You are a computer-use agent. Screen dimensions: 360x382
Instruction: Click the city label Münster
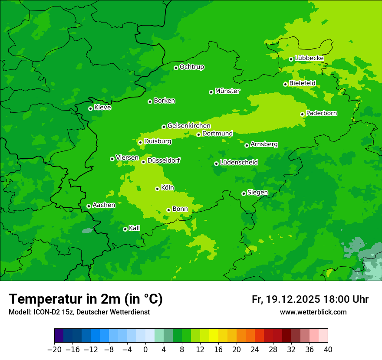pyautogui.click(x=227, y=91)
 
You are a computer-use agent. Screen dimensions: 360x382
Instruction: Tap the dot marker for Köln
pyautogui.click(x=157, y=189)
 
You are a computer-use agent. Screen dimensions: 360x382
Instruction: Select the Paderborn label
pyautogui.click(x=322, y=113)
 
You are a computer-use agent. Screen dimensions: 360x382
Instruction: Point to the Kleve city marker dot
pyautogui.click(x=90, y=108)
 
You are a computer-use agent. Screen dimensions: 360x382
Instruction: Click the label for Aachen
pyautogui.click(x=104, y=205)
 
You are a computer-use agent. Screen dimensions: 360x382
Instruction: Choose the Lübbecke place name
pyautogui.click(x=309, y=58)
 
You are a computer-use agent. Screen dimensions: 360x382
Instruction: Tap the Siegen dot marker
pyautogui.click(x=244, y=193)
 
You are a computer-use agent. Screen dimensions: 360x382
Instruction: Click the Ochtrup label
pyautogui.click(x=192, y=67)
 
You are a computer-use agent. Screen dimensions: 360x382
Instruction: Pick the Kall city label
pyautogui.click(x=135, y=228)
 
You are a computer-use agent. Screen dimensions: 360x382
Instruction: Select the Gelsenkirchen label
pyautogui.click(x=189, y=126)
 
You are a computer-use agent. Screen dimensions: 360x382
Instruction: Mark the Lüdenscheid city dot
pyautogui.click(x=216, y=164)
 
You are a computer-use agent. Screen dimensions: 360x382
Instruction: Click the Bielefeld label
pyautogui.click(x=302, y=83)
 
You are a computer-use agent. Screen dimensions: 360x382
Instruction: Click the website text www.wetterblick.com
pyautogui.click(x=313, y=312)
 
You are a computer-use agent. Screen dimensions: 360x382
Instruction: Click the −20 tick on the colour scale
pyautogui.click(x=54, y=350)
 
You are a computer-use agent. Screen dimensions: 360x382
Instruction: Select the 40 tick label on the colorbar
pyautogui.click(x=328, y=350)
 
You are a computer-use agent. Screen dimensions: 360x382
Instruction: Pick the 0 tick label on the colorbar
pyautogui.click(x=145, y=350)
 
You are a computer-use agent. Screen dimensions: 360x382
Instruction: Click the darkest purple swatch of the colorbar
pyautogui.click(x=59, y=336)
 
